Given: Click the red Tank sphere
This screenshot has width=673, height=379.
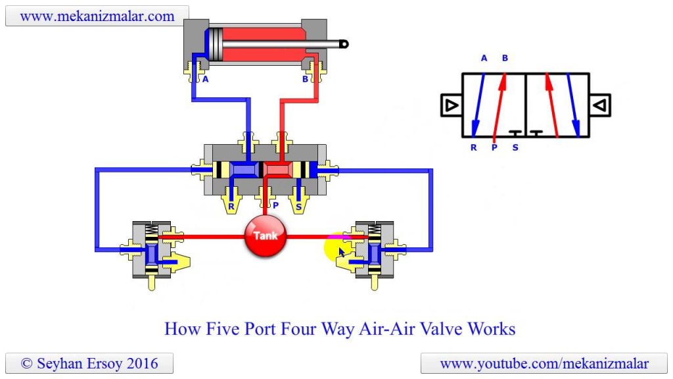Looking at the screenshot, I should click(266, 236).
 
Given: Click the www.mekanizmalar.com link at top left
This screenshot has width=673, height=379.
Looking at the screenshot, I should click(97, 16).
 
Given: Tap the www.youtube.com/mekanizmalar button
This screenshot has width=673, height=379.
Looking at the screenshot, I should click(544, 363).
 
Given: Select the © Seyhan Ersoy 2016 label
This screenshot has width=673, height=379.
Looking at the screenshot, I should click(89, 363).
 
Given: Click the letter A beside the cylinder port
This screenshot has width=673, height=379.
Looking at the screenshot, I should click(205, 79).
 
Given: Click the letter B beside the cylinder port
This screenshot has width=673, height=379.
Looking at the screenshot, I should click(305, 79).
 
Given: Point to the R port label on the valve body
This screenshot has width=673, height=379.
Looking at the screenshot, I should click(231, 205).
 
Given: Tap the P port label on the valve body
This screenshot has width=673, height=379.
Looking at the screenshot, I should click(275, 205).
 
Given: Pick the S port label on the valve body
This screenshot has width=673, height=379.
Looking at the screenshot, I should click(299, 205).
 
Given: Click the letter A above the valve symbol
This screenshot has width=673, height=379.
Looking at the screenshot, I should click(484, 58).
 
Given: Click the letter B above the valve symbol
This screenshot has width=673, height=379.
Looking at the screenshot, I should click(505, 58).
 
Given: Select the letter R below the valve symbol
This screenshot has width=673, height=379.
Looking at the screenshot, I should click(473, 147).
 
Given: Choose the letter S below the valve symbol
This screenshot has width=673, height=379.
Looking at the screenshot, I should click(515, 147).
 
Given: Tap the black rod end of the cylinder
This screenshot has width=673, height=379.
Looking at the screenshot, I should click(343, 44).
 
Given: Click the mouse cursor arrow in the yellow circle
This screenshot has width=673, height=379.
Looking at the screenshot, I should click(342, 252).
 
